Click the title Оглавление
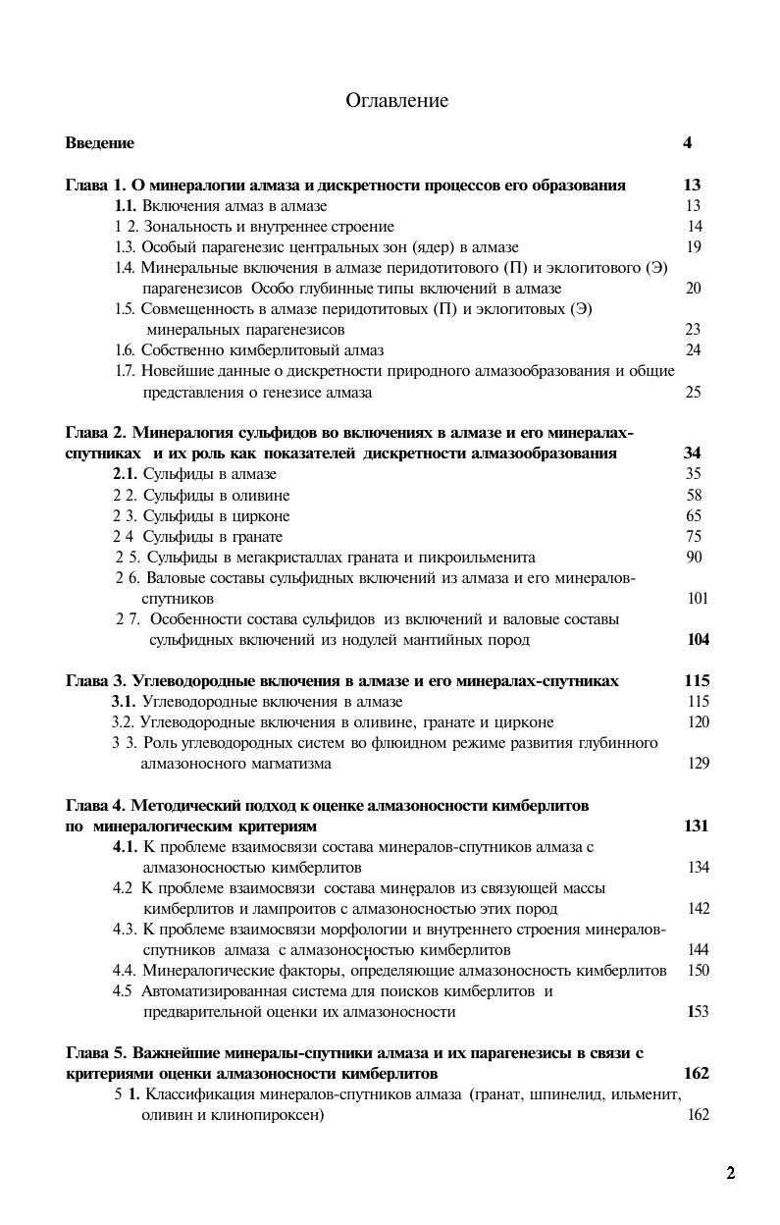coord(396,101)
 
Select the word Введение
coord(99,143)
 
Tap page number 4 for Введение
coord(687,143)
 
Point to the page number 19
coord(693,247)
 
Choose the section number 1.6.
coord(125,350)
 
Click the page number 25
coord(693,393)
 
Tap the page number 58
coord(694,496)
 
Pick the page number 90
coord(695,558)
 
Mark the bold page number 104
coord(698,640)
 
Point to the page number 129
coord(698,764)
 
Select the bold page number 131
coord(696,826)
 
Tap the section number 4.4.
coord(124,971)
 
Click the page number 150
coord(698,971)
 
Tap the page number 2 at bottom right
coord(730,1173)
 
